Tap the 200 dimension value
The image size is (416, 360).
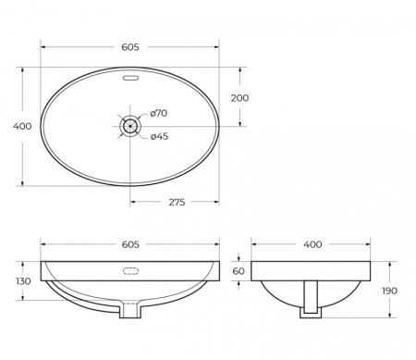point(239,97)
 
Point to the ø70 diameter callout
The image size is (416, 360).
point(158,114)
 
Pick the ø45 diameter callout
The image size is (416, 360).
point(158,137)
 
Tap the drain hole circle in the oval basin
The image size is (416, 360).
point(130,125)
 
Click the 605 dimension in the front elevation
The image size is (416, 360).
point(129,244)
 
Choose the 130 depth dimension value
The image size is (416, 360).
point(23,281)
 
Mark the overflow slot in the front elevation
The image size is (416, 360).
point(129,271)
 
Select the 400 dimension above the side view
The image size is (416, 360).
point(312,244)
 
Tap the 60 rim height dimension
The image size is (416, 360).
point(239,271)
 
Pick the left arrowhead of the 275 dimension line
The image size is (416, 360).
point(133,198)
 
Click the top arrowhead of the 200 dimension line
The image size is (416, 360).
point(241,69)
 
